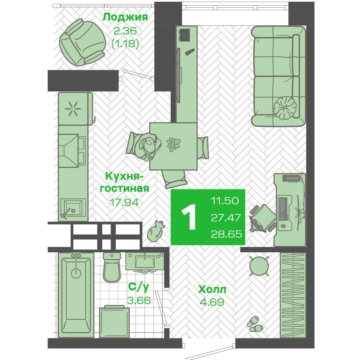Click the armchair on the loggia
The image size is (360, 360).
[x=82, y=42]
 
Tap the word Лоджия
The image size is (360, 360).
[x=125, y=17]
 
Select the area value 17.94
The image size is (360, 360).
[x=124, y=202]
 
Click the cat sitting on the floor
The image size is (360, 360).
[x=156, y=231]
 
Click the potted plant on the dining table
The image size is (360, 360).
[x=173, y=144]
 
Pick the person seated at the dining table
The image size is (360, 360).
[x=148, y=146]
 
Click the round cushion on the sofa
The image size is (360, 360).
[x=286, y=107]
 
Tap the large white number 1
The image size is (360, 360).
[x=189, y=217]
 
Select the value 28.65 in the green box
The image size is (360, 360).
[x=226, y=234]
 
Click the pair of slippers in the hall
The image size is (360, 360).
[x=255, y=324]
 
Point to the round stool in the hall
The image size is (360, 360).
[x=259, y=266]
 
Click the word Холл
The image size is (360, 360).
[x=212, y=289]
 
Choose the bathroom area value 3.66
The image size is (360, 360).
[x=139, y=300]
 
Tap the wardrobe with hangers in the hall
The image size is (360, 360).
[x=293, y=295]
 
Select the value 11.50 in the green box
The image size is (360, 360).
[x=224, y=201]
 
